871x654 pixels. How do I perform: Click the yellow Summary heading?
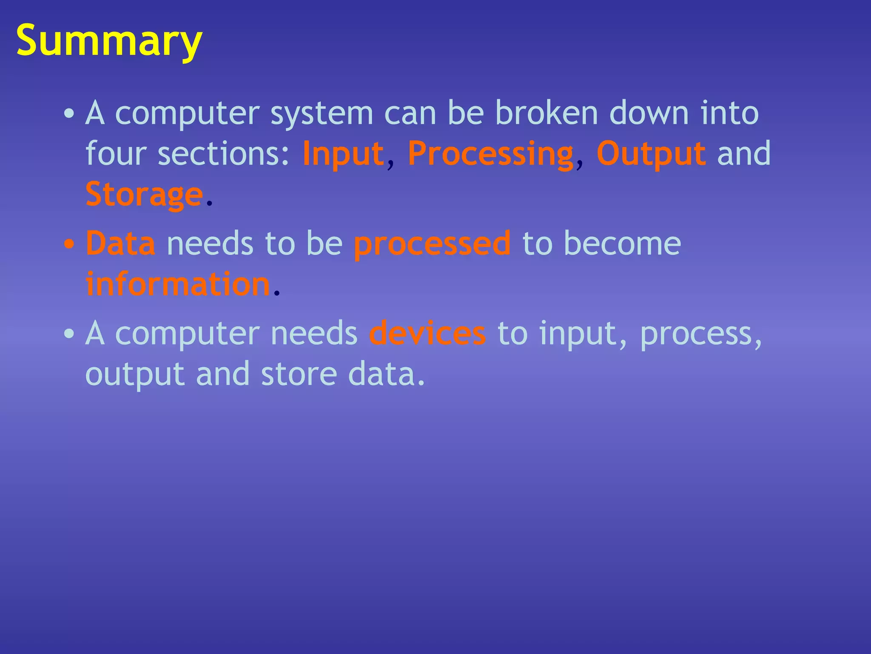click(109, 41)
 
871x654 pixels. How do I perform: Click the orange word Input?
click(343, 154)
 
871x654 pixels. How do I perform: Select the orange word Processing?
click(491, 154)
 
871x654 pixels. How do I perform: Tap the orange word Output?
click(651, 154)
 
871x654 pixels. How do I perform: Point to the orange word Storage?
click(144, 195)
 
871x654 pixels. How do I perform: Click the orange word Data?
click(120, 244)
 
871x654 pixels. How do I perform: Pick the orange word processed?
click(432, 244)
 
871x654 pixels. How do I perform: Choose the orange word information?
click(178, 284)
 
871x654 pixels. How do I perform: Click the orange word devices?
click(427, 333)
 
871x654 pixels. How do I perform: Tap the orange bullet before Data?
click(69, 245)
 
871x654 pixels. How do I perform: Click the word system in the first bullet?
click(322, 114)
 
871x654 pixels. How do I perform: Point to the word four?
click(116, 154)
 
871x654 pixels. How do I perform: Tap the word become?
click(622, 244)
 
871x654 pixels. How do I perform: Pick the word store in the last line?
click(299, 374)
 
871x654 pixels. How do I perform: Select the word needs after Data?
click(210, 244)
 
